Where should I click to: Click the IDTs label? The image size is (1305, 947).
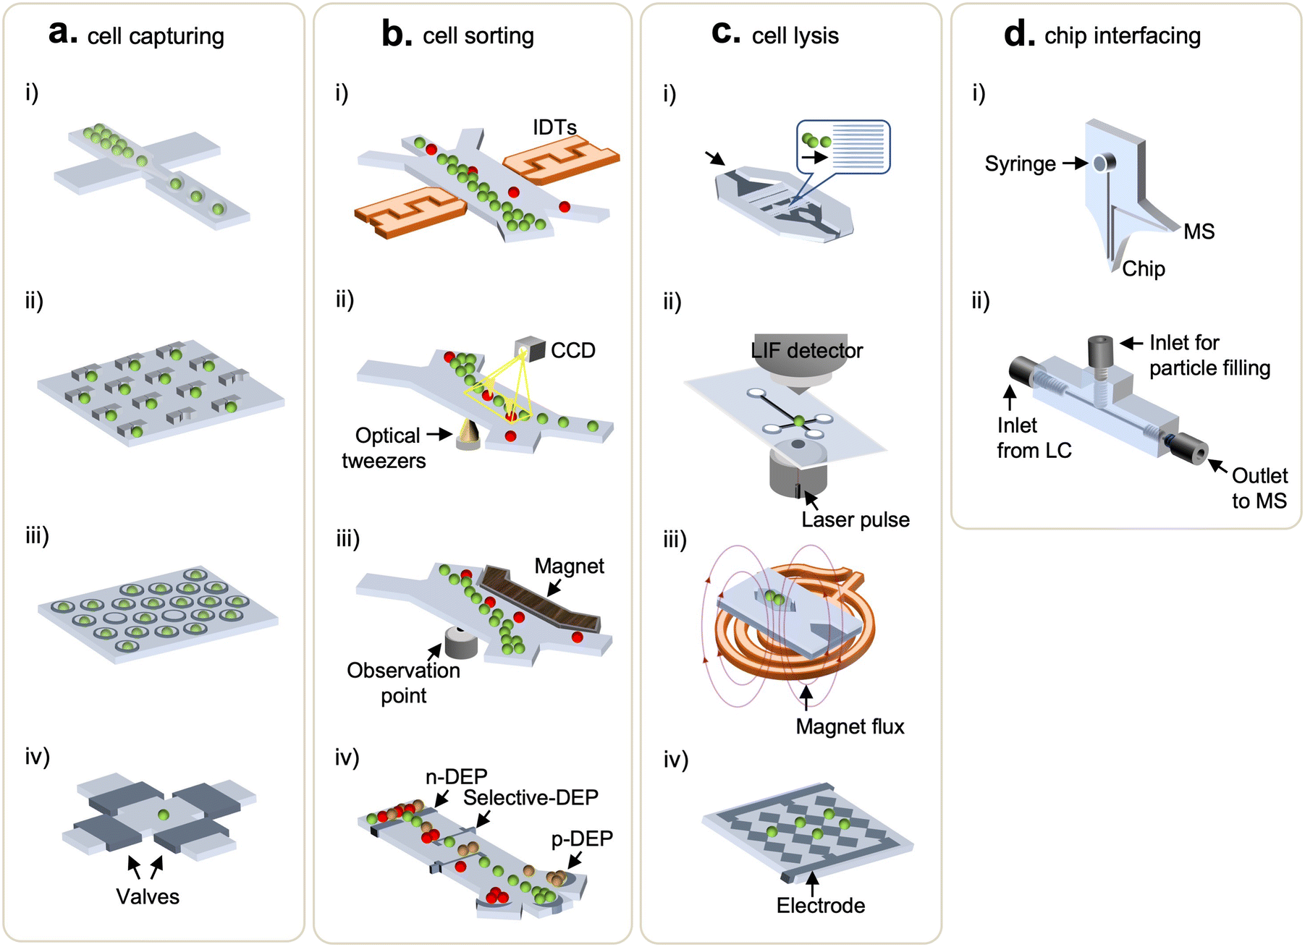[554, 127]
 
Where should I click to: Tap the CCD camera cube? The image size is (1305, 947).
[531, 349]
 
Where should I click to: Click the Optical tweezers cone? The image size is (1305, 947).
[469, 435]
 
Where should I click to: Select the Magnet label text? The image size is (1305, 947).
[569, 566]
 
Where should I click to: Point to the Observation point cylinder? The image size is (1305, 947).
[461, 642]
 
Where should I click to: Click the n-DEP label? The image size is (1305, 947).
[456, 776]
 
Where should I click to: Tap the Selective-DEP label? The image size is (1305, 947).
[531, 797]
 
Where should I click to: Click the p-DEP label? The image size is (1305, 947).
[581, 838]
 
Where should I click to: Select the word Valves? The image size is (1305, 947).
[148, 896]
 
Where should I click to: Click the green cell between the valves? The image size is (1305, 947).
[164, 815]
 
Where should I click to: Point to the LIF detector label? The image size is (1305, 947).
[806, 351]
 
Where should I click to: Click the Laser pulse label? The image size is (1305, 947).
[855, 519]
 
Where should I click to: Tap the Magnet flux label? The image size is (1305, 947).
[850, 726]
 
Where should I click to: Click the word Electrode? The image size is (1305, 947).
[820, 905]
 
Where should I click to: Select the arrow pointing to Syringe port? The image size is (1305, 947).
[1075, 164]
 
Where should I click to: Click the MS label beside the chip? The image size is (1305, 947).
[1199, 232]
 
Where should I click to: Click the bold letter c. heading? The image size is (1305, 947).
[726, 33]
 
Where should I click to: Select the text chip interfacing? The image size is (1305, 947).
[1122, 35]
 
